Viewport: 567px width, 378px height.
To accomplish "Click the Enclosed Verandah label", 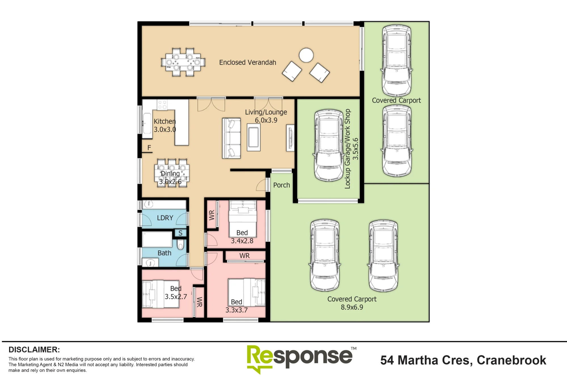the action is (247, 62).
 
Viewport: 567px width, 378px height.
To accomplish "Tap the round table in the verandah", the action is (306, 55).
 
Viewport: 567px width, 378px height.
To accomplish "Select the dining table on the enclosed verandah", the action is (183, 62).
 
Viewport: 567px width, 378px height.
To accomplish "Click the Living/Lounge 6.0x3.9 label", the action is (266, 116).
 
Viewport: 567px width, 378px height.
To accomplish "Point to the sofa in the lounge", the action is (231, 138).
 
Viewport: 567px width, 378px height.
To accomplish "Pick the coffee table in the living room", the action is (253, 137).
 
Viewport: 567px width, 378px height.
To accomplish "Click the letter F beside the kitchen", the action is (149, 148).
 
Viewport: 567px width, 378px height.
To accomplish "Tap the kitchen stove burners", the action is (162, 105).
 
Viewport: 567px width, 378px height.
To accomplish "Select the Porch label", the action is (282, 185).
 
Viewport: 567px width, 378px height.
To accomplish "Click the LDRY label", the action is (165, 218).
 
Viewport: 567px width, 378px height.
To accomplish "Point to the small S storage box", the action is (180, 233).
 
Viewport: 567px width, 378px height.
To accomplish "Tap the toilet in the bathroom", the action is (181, 245).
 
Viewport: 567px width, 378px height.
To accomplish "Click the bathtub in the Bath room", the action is (157, 240).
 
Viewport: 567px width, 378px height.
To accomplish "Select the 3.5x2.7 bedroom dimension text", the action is (176, 297).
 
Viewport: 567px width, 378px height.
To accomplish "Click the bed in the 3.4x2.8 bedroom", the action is (243, 219).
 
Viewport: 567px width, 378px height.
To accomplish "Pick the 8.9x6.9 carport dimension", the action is (352, 307).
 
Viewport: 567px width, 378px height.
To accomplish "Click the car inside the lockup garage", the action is (329, 145).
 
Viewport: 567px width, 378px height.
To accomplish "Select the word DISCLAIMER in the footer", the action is (34, 350).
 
